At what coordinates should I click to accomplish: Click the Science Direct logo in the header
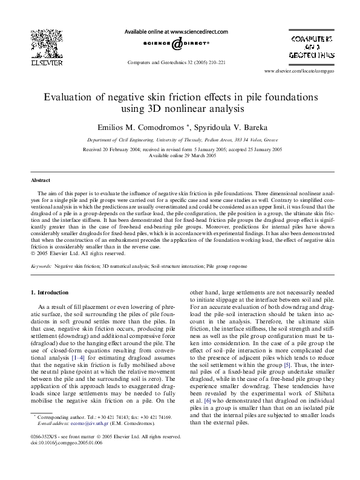point(176,44)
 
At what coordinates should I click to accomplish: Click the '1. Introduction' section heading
point(50,292)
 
